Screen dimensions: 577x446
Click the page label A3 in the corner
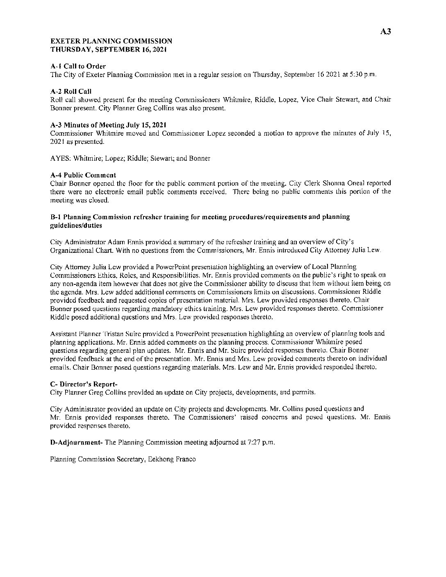coord(386,32)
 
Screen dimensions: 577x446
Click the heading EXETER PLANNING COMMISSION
coord(111,41)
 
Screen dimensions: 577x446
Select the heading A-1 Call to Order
coord(78,66)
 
